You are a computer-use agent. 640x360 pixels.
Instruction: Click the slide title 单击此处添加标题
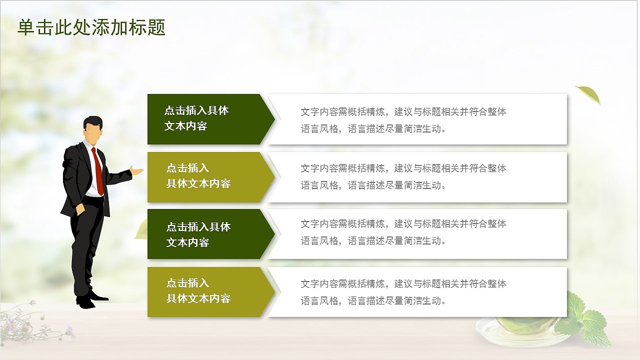(91, 28)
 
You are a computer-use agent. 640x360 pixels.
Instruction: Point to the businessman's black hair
(93, 121)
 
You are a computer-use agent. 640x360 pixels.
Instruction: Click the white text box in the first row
(417, 119)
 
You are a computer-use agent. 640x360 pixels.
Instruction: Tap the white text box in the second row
(417, 177)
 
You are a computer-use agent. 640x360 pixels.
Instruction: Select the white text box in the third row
(417, 234)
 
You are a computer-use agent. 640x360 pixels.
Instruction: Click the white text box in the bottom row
(417, 292)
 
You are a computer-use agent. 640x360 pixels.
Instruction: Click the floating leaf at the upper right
(589, 94)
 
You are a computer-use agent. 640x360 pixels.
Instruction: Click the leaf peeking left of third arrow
(141, 231)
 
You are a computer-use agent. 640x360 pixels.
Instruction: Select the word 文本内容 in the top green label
(185, 126)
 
